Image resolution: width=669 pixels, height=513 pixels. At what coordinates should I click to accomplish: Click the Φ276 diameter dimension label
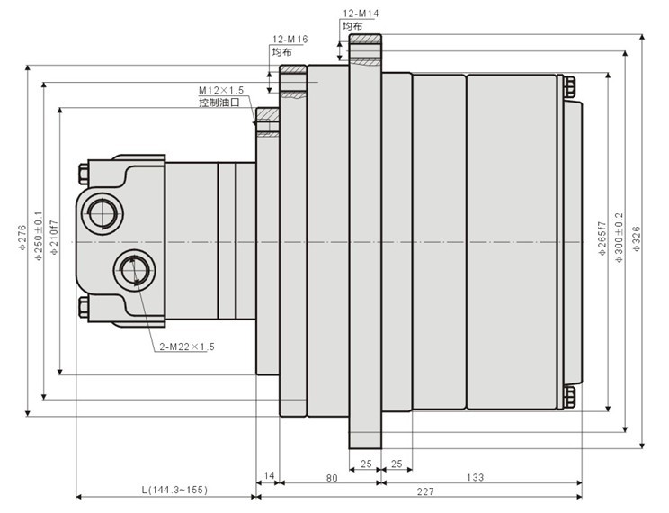point(23,238)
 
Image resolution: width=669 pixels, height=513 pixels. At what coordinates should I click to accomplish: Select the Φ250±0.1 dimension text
point(39,236)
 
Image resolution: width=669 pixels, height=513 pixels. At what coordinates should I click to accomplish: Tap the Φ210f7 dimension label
point(54,238)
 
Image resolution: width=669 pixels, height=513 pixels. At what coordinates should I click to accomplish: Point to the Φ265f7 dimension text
point(602,238)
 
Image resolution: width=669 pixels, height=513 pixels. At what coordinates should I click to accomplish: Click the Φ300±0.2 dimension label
point(619,238)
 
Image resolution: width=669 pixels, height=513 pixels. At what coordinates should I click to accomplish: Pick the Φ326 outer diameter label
point(637,238)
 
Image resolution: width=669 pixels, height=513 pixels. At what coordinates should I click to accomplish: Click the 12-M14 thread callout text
point(361,13)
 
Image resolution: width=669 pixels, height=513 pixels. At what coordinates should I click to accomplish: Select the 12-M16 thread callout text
point(290,40)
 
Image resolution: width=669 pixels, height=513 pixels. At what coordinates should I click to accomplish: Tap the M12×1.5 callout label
point(221,90)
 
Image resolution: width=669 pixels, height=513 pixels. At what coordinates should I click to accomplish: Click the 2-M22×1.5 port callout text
point(187,346)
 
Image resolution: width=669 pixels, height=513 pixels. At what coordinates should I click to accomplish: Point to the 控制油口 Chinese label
point(219,103)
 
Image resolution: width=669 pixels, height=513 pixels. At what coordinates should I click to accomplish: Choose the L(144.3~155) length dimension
point(174,490)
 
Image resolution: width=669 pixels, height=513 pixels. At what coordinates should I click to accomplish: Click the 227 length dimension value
point(425,491)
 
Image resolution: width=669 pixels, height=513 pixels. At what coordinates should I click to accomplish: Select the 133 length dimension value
point(475,477)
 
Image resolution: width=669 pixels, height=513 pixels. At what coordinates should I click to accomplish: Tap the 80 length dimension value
point(332,478)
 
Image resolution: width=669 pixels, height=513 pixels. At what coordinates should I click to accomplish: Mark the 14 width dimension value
point(269,475)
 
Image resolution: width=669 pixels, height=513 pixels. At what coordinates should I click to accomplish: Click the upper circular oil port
point(101,212)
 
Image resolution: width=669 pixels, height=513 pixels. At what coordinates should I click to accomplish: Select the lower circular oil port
point(134,270)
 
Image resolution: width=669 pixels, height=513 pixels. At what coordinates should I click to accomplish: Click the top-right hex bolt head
point(569,87)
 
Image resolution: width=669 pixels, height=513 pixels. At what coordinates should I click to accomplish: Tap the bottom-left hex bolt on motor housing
point(84,307)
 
